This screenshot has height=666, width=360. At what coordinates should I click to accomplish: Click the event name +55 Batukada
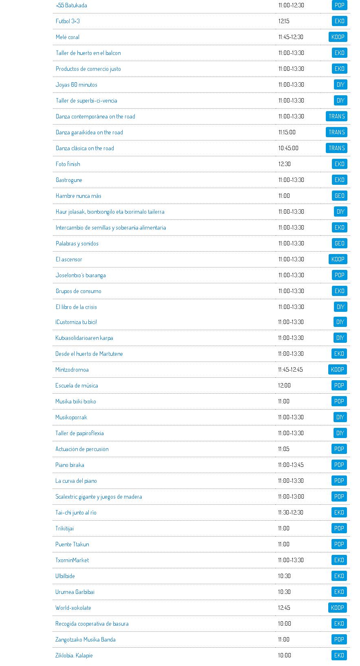coord(71,5)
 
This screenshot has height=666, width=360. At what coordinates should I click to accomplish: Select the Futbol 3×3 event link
coord(68,21)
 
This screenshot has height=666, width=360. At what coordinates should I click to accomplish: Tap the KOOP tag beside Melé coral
coord(338,37)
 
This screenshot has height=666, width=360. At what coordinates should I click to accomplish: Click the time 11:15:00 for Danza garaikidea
coord(287,132)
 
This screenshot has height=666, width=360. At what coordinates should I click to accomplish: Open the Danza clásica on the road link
coord(85,148)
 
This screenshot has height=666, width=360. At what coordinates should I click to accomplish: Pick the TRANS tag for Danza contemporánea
coord(336,116)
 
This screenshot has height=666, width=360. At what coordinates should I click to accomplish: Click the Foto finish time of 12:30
coord(284,164)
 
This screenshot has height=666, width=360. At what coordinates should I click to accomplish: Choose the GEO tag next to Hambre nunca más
coord(339,196)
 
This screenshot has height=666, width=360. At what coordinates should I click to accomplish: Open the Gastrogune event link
coord(69,180)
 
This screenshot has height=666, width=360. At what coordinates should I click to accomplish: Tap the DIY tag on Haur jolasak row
coord(340,212)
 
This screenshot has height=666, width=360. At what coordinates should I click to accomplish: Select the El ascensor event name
coord(69,259)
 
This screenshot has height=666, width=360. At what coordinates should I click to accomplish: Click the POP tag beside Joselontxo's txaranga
coord(339,275)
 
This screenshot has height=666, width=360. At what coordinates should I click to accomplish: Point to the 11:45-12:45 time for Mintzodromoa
coord(290,370)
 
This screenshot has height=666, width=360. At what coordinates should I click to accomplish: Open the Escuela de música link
coord(77,386)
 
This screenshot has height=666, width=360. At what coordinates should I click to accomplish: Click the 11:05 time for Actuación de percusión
coord(283,449)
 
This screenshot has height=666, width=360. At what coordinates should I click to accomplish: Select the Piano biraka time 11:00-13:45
coord(291,465)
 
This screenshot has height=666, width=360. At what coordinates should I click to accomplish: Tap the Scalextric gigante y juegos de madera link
coord(99,497)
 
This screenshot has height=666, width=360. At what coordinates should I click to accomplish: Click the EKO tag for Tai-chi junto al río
coord(339,513)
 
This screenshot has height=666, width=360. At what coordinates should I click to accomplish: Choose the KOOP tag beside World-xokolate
coord(337,608)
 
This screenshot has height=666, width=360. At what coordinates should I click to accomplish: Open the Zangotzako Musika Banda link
coord(86,640)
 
